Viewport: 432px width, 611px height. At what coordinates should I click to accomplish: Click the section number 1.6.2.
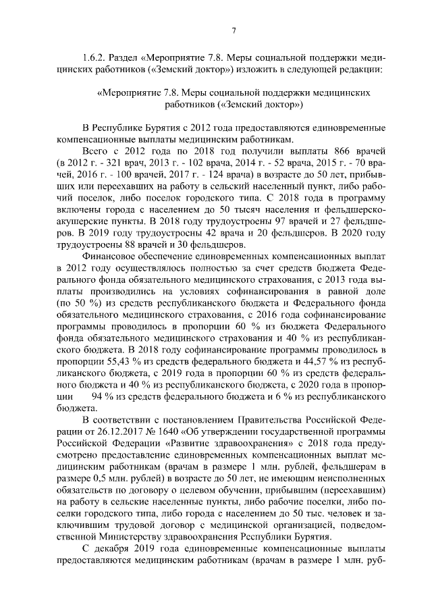pos(94,57)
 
